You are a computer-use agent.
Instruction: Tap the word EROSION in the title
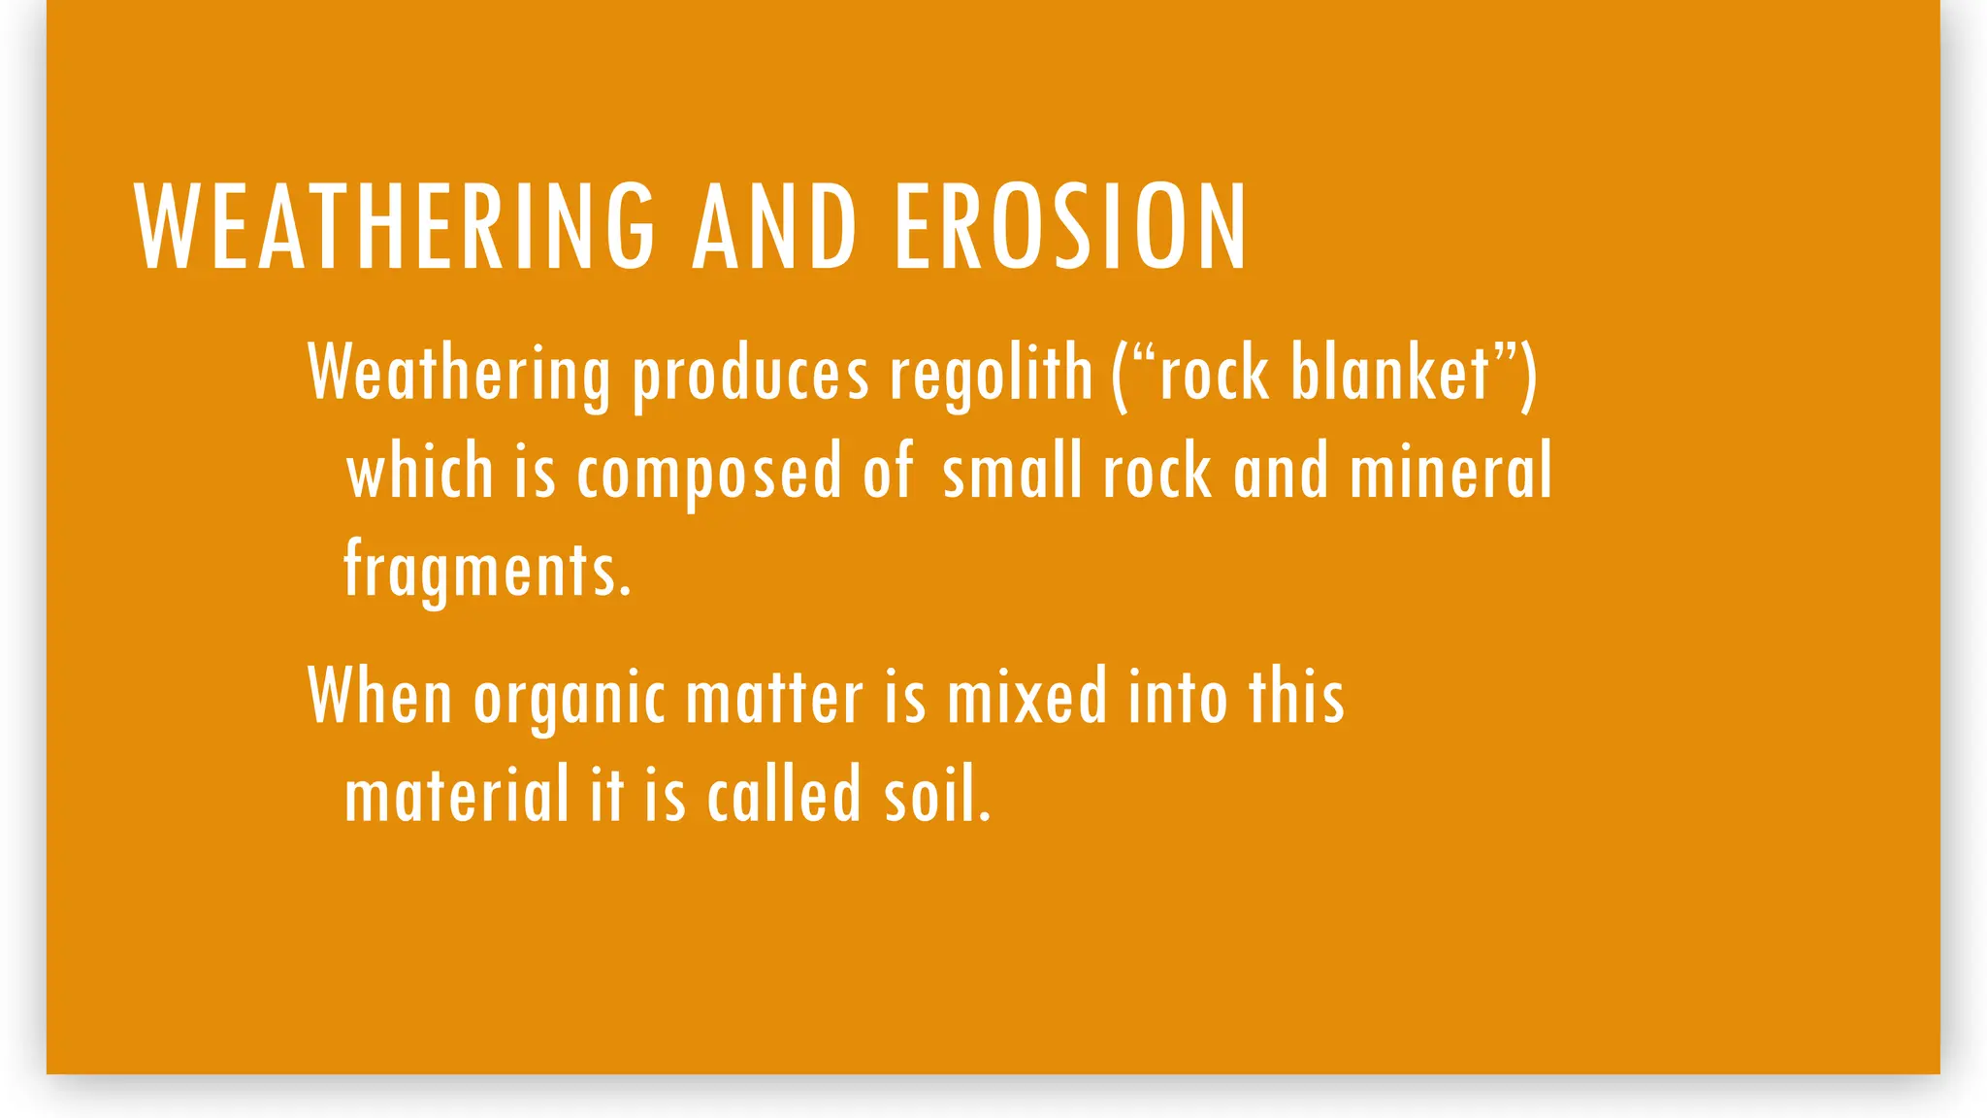point(1069,227)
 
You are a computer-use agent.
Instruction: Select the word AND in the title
point(774,227)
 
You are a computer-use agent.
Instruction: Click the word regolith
point(991,374)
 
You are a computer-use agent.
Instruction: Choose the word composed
point(709,472)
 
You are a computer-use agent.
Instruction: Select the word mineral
point(1450,470)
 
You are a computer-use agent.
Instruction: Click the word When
point(379,696)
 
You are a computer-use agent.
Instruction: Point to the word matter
point(773,698)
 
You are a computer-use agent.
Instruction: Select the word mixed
point(1026,696)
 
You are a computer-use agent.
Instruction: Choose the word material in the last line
point(456,794)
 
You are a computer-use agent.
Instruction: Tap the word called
point(784,794)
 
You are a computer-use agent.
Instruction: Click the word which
point(420,470)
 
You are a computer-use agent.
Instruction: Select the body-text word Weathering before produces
point(459,374)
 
